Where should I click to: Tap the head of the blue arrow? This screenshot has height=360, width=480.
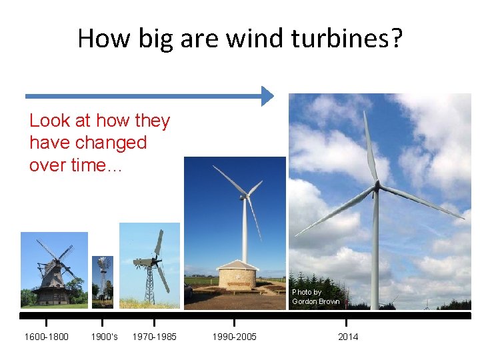coord(267,96)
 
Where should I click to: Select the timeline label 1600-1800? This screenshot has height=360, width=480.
coord(46,337)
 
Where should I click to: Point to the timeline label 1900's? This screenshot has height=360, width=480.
coord(104,337)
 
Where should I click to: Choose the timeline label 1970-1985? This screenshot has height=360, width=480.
coord(155,337)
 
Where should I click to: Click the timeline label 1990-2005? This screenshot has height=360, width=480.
coord(234,337)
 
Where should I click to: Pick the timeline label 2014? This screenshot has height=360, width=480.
coord(348,337)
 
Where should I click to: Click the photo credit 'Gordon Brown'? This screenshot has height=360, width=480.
coord(315,301)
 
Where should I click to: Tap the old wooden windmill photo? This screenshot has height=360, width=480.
coord(54,269)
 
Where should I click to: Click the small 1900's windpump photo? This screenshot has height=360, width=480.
coord(103,281)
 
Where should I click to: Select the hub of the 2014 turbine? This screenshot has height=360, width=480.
coord(375,186)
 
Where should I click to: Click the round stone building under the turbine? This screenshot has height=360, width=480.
coord(239,275)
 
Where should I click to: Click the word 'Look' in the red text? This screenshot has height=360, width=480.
coord(49,121)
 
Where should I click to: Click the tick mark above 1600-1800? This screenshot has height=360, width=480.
coord(46,323)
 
